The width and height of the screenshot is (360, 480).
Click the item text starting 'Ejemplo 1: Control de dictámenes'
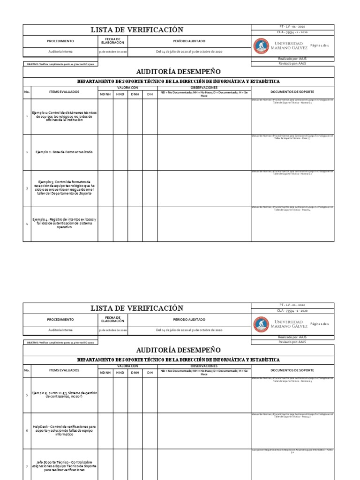(64, 117)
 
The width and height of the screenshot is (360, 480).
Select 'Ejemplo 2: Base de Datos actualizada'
(64, 152)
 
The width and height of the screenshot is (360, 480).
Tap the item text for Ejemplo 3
(64, 187)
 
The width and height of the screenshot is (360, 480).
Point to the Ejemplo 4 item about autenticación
(64, 224)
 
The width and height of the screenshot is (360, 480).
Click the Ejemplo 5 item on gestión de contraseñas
(64, 395)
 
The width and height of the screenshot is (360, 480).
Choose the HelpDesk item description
(64, 430)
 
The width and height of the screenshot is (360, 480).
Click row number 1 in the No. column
(27, 117)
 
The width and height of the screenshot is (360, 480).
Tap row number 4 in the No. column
(27, 224)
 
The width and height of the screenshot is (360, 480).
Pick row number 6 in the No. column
(27, 430)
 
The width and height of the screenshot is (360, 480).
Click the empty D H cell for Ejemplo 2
(150, 152)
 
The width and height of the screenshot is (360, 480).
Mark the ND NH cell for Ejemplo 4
(105, 224)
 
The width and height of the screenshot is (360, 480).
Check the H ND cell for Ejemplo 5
(120, 395)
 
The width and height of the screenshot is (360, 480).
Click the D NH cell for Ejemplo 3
(135, 187)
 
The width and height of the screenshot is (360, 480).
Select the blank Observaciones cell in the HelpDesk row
(204, 430)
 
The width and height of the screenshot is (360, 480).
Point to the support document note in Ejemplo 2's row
(292, 137)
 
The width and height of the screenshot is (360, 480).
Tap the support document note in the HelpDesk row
(292, 415)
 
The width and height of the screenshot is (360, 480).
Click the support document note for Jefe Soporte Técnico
(292, 451)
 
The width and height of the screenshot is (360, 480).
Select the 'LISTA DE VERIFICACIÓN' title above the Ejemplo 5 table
(136, 308)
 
